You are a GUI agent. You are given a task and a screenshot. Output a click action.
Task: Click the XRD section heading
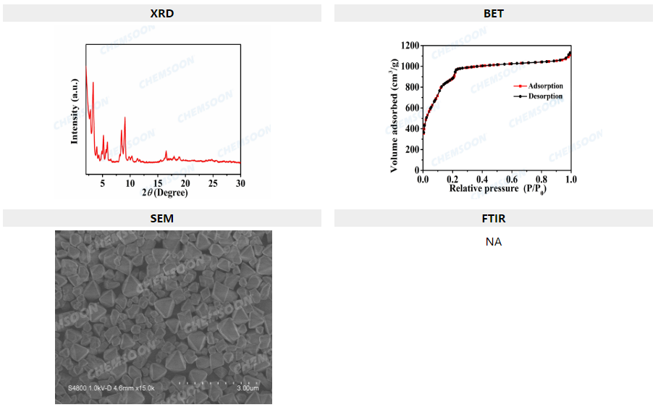click(x=161, y=13)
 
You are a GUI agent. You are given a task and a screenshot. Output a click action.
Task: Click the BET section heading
click(x=493, y=13)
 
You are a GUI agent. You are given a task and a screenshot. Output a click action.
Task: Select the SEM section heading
click(x=161, y=218)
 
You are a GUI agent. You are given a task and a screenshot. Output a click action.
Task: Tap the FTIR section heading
click(x=493, y=218)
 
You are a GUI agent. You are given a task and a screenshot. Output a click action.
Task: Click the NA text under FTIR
click(x=493, y=242)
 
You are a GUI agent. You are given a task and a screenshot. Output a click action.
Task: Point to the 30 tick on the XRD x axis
click(x=240, y=183)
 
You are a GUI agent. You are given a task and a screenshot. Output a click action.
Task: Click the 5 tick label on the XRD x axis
click(x=103, y=183)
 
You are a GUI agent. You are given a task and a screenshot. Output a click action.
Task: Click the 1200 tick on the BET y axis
click(x=409, y=46)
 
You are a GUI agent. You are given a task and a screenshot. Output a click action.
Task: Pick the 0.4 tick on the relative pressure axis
click(x=482, y=179)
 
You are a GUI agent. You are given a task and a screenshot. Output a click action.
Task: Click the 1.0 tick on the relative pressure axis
click(x=570, y=179)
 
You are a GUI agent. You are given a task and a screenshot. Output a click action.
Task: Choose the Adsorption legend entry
click(x=545, y=86)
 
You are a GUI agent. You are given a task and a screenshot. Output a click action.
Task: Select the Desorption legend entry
click(x=545, y=96)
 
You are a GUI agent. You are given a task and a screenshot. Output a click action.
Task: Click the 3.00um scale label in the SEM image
click(x=248, y=388)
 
